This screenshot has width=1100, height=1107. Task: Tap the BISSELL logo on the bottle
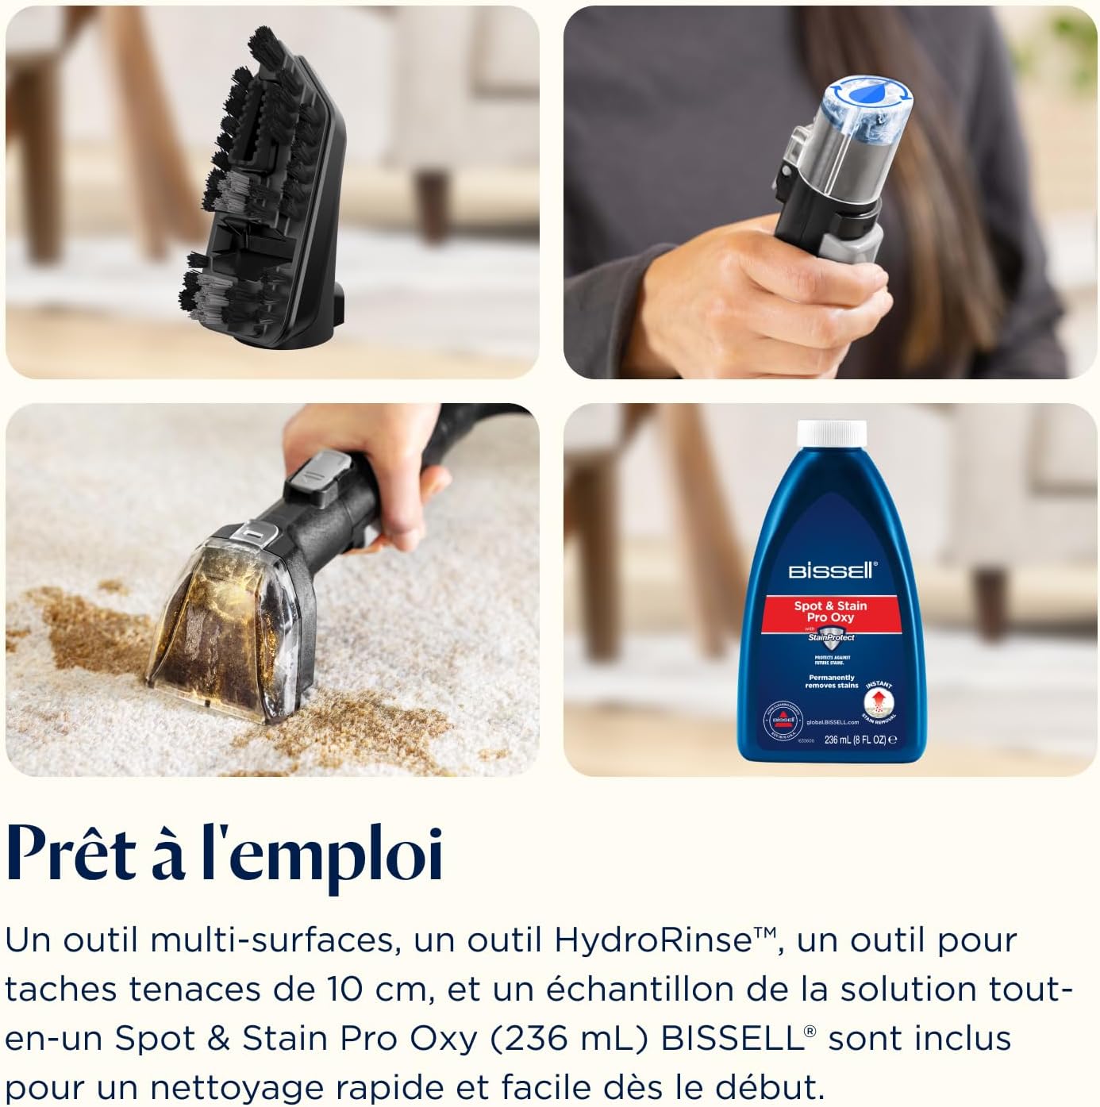pos(832,571)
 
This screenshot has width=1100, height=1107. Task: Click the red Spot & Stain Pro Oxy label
pos(830,612)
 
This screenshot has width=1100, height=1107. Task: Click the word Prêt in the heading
pos(71,855)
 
